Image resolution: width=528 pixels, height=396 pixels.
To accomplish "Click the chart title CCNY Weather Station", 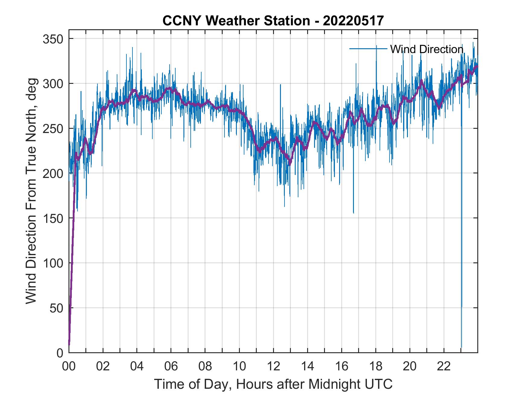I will point(273,21).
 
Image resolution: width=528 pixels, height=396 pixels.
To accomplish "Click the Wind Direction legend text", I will point(427,49).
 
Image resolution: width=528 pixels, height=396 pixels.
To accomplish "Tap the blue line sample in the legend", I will point(368,49).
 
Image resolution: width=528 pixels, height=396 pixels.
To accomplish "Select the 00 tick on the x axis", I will point(69,366).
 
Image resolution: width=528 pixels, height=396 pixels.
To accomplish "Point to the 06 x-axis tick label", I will point(171,366).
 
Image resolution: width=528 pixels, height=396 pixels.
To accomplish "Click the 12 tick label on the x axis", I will point(273,366).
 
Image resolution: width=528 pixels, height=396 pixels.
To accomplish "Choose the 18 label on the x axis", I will point(375,366).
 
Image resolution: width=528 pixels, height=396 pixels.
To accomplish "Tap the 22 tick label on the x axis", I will point(444,366).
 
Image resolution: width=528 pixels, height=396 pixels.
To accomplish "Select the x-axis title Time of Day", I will point(273,384).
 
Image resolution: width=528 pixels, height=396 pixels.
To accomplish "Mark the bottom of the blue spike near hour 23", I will point(461,347).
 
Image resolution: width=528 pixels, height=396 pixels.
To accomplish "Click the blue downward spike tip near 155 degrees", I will point(353,213).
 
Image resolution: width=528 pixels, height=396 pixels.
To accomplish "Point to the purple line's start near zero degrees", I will point(69,344).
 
